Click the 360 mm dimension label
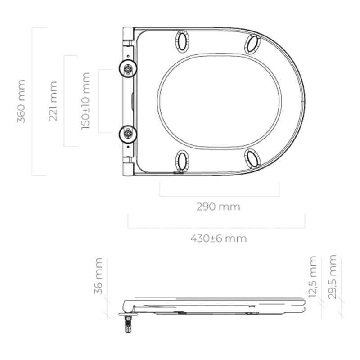[x=21, y=101]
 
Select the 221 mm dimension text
[x=53, y=101]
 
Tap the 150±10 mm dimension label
[x=85, y=101]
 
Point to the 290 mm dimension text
[x=218, y=207]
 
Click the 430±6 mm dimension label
[x=218, y=238]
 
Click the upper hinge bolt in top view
[x=129, y=69]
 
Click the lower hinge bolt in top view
[x=129, y=133]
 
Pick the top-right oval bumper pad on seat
[x=252, y=44]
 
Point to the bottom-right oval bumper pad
[x=252, y=158]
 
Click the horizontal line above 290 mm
[x=219, y=196]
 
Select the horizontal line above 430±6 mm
[x=216, y=228]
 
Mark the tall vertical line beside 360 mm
[x=33, y=101]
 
